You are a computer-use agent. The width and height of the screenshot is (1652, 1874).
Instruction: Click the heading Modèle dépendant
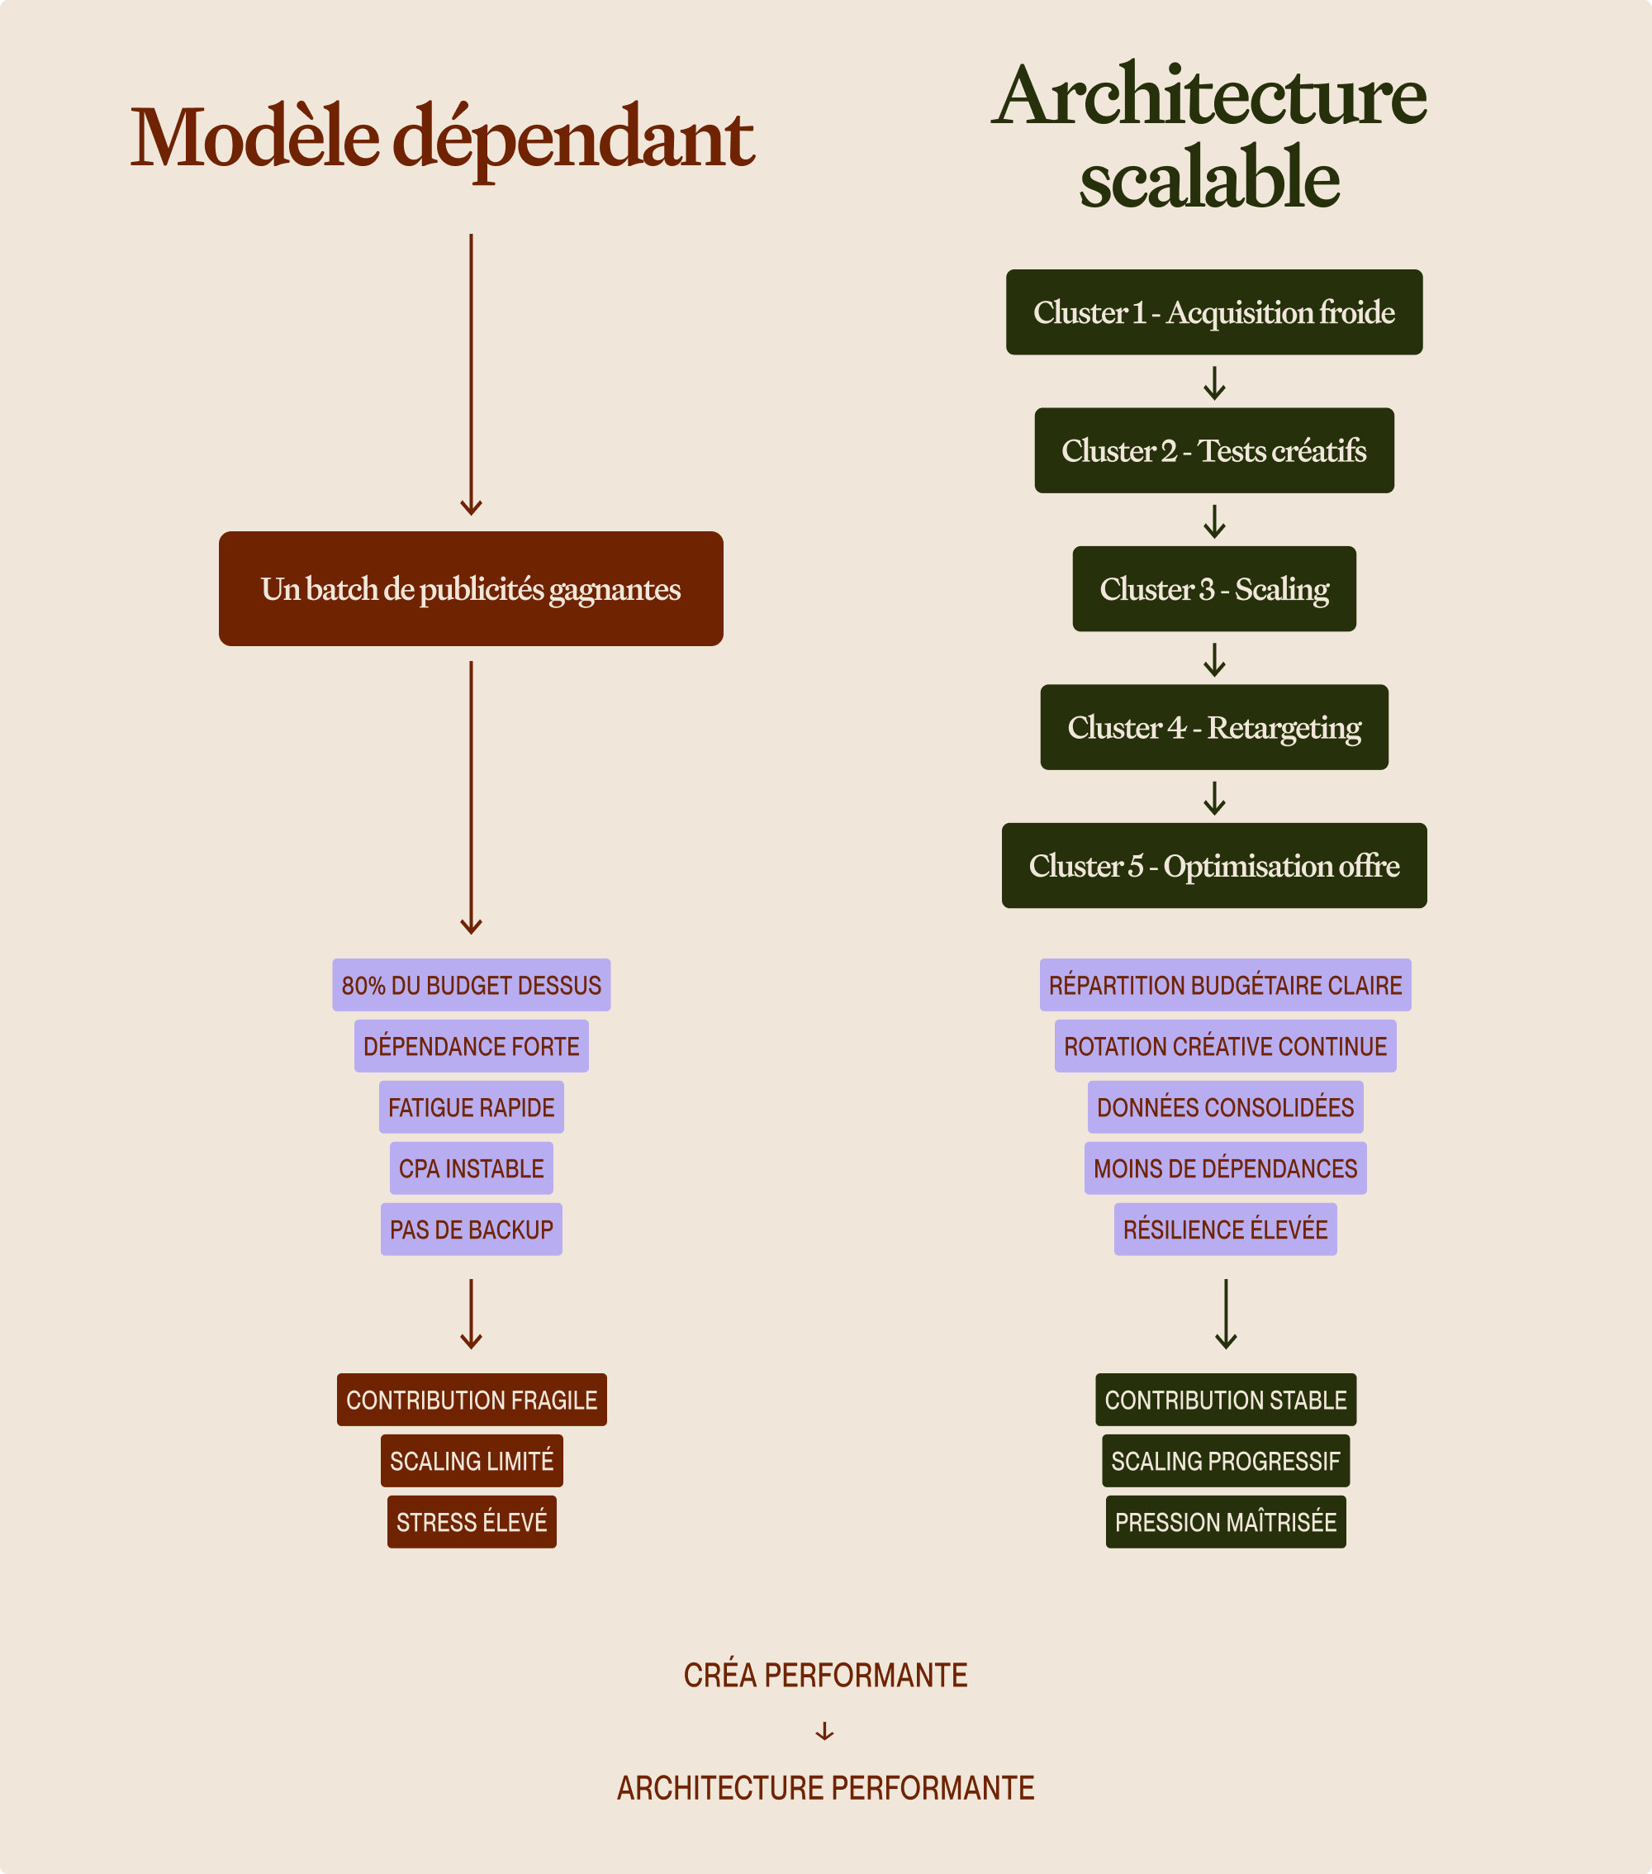(442, 139)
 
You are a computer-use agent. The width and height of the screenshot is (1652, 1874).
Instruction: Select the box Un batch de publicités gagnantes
(470, 588)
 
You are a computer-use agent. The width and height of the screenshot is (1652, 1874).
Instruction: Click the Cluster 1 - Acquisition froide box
(1213, 312)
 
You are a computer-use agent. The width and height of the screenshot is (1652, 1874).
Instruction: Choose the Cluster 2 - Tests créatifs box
(1213, 451)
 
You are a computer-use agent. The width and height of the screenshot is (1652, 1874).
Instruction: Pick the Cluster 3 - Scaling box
(1213, 588)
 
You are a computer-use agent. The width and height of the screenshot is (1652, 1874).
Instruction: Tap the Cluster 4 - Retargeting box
(1213, 727)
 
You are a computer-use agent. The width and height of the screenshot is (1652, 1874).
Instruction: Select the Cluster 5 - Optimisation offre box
(1213, 865)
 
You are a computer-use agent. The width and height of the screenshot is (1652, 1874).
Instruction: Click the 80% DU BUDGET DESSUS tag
(471, 986)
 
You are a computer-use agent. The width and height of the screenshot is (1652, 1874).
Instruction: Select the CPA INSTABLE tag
(471, 1169)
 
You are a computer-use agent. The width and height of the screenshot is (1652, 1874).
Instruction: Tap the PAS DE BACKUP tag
(471, 1230)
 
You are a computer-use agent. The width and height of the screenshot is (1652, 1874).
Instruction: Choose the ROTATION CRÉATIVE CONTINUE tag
(1225, 1046)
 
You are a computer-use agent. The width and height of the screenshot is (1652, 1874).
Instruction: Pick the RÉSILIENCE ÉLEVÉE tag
(1225, 1230)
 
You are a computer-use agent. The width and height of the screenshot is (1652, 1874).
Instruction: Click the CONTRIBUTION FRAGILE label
(471, 1400)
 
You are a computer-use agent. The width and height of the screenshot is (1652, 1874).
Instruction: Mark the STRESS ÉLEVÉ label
(471, 1522)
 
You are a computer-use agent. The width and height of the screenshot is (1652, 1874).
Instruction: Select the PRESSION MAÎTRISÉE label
(1226, 1522)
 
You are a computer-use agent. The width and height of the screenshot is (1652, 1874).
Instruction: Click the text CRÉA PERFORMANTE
(825, 1675)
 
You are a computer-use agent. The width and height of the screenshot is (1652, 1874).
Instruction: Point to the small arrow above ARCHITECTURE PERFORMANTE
(825, 1731)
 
